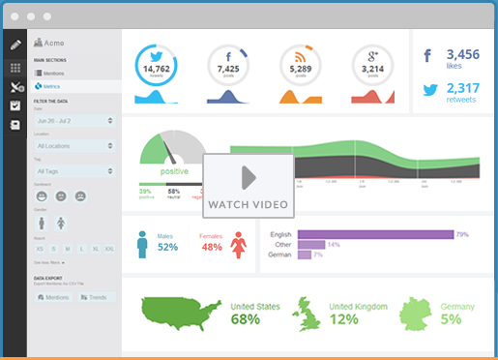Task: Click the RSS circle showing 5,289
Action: [x=300, y=67]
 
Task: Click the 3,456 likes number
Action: [x=464, y=56]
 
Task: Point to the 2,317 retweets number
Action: [x=464, y=89]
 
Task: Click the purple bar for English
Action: [x=375, y=234]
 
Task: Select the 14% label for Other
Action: [x=334, y=245]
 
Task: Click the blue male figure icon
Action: [x=144, y=245]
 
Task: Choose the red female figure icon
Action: [x=238, y=245]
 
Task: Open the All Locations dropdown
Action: [x=74, y=145]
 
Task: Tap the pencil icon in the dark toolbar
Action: [x=15, y=45]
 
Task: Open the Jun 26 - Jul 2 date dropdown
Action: [x=74, y=120]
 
